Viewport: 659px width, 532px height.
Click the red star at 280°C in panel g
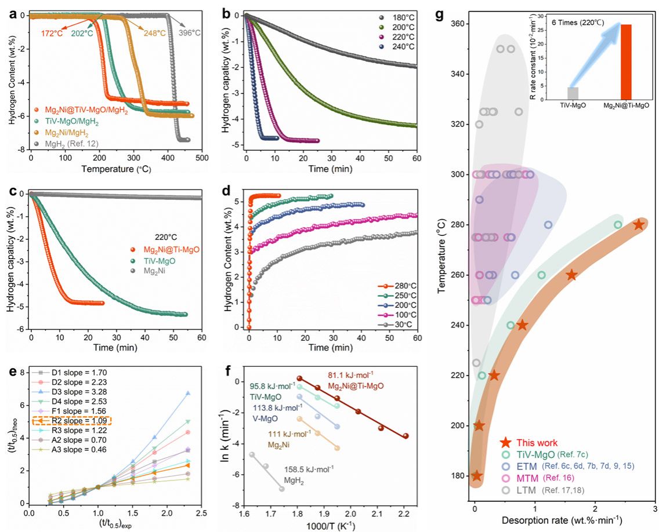(638, 225)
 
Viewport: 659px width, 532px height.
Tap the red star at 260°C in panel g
(571, 275)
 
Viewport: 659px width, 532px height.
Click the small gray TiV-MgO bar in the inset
(573, 93)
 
